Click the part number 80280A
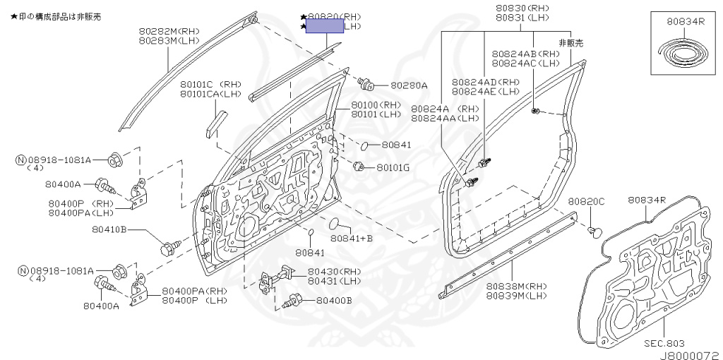coord(409,85)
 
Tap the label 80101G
coord(392,168)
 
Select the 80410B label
coord(109,229)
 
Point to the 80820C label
coord(587,201)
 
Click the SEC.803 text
coord(664,344)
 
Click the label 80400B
coord(333,301)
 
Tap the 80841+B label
coord(352,239)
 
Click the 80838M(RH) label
coord(516,286)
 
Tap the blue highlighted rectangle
coord(323,26)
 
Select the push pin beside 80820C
coord(594,231)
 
